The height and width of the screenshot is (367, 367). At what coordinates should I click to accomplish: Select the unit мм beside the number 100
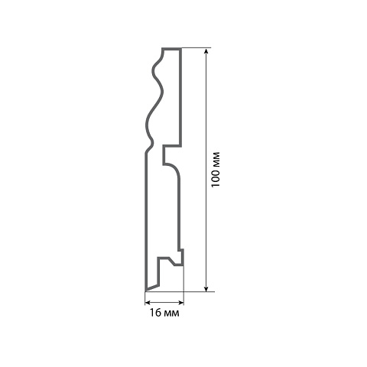pyautogui.click(x=216, y=160)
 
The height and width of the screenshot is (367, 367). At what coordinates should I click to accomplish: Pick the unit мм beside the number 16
pyautogui.click(x=171, y=313)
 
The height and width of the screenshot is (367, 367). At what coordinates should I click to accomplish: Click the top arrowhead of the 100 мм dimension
pyautogui.click(x=206, y=51)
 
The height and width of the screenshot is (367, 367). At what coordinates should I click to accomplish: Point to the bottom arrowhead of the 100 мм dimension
pyautogui.click(x=206, y=288)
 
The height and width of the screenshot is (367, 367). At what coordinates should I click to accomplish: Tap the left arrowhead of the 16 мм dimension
pyautogui.click(x=148, y=303)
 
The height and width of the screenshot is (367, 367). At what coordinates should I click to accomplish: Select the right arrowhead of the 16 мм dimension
pyautogui.click(x=180, y=303)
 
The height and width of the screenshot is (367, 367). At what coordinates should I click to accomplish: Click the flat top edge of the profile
pyautogui.click(x=171, y=49)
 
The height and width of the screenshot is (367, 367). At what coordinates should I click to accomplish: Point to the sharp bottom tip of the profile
pyautogui.click(x=146, y=290)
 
